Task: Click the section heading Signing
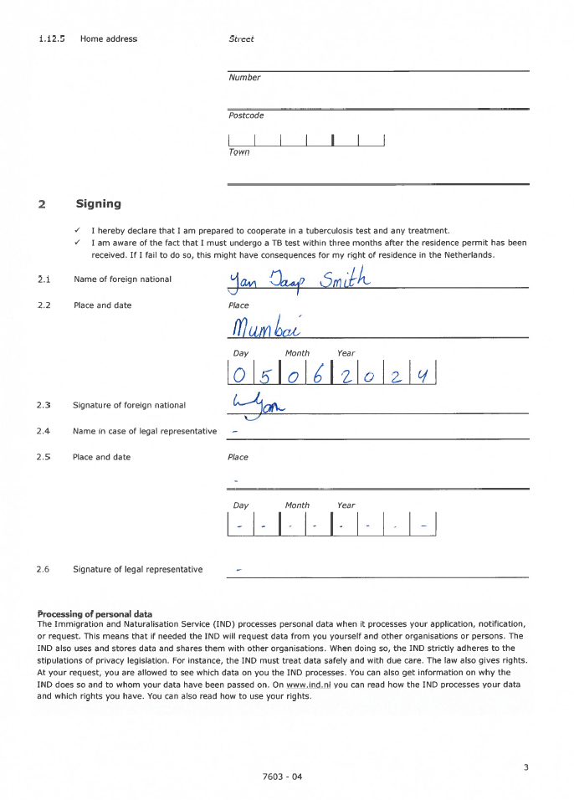point(98,203)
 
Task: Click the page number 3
point(525,767)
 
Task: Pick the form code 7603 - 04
point(282,777)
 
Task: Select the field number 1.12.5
point(52,38)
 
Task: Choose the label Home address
point(109,38)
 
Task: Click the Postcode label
point(246,115)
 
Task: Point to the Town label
point(238,152)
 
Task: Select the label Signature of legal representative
point(137,569)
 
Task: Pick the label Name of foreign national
point(122,279)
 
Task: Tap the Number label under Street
point(244,78)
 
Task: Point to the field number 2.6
point(44,569)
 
